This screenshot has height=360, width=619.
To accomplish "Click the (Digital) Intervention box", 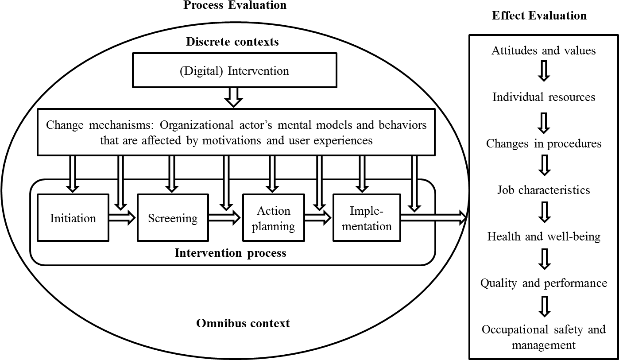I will [x=234, y=71].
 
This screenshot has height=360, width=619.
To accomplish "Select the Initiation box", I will [x=73, y=218].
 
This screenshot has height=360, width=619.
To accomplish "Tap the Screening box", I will [x=173, y=218].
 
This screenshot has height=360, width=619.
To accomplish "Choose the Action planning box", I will [x=274, y=218].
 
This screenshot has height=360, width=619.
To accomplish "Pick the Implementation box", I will [x=367, y=217].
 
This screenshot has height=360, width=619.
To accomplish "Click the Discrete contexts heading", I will [x=232, y=42].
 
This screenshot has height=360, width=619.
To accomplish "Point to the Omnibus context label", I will [x=243, y=323].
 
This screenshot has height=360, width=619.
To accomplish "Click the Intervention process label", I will [x=231, y=253].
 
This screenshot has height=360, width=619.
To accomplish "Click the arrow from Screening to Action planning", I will [x=224, y=217].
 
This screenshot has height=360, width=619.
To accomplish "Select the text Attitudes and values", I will [x=543, y=50].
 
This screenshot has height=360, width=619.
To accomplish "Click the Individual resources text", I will [x=544, y=97].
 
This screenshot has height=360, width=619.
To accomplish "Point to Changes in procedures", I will [x=544, y=143].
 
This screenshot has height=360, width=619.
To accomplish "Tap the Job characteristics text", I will [x=544, y=190].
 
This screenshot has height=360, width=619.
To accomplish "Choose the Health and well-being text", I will [x=544, y=236].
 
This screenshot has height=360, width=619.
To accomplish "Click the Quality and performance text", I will [x=544, y=283].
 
